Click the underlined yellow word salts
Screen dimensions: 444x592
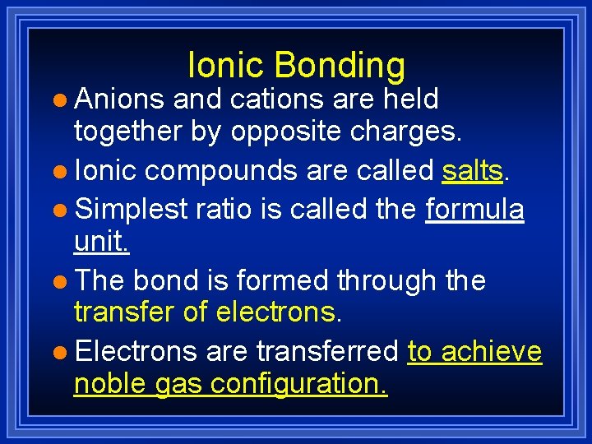472,170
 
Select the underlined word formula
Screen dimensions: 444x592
474,209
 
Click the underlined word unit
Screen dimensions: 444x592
102,243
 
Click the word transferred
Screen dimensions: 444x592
327,351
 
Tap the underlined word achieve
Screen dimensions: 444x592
492,351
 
